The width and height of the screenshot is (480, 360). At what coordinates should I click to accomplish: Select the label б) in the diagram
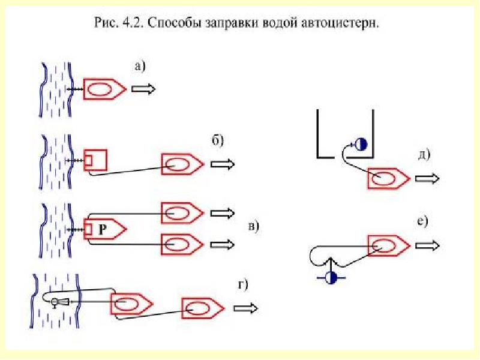click(217, 141)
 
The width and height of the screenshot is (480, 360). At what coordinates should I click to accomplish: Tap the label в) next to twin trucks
click(253, 227)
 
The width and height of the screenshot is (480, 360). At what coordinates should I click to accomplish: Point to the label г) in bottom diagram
click(244, 284)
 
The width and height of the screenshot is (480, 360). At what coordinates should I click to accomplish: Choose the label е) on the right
click(422, 222)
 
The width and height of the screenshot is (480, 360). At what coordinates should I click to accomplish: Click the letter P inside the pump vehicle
click(103, 229)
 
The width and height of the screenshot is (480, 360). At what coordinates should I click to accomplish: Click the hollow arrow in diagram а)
click(144, 89)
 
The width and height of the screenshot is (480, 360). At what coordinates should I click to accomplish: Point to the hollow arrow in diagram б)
click(224, 164)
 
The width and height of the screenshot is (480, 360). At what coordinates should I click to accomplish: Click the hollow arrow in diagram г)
click(246, 308)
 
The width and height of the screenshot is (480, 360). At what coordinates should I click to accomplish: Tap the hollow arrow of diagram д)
click(428, 178)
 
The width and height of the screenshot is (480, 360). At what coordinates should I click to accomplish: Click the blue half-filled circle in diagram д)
click(361, 144)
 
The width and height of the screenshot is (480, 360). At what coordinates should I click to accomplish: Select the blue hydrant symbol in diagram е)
click(329, 277)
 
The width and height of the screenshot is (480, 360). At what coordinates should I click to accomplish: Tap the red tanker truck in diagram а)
click(104, 89)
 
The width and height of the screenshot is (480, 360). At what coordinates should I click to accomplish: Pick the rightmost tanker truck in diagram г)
click(203, 308)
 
